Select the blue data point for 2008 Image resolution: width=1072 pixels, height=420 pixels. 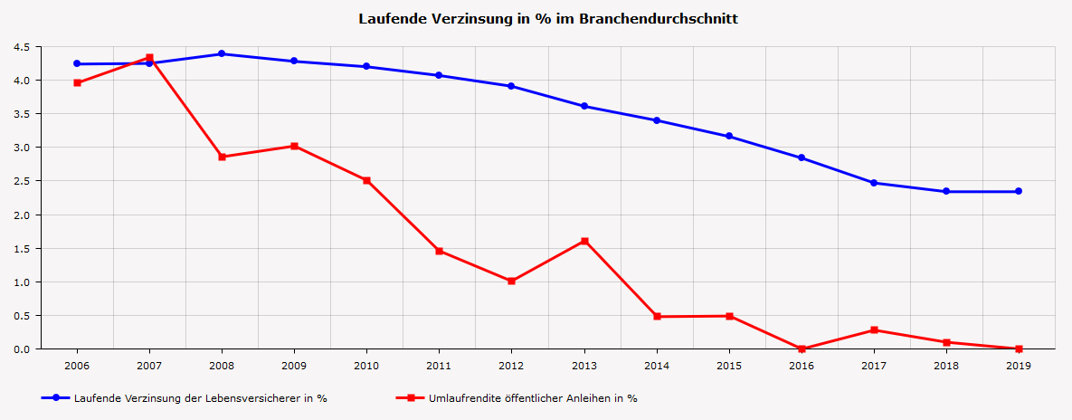pos(222,53)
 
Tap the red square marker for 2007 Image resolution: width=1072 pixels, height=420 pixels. pos(149,58)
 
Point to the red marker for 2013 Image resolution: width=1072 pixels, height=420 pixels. pos(584,241)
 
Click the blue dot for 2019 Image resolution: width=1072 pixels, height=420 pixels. pos(1019,191)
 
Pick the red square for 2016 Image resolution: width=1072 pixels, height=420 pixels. pos(802,348)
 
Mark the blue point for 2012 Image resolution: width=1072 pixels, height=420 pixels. pos(511,86)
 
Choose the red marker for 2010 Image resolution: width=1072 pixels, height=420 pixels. pos(366,180)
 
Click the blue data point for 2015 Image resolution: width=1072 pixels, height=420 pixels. pos(729,137)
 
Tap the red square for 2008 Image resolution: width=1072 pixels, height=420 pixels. pos(222,157)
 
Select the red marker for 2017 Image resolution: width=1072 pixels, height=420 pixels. pos(874,329)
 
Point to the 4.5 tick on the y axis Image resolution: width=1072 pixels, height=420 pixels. pos(23,46)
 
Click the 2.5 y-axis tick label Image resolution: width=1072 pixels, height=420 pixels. pos(23,181)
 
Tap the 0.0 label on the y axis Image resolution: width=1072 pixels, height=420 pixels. pos(23,349)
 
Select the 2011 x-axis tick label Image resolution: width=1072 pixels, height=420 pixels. pos(439,365)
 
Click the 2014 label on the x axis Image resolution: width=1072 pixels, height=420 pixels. pos(657,365)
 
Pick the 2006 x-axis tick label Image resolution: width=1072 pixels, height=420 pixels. pos(77,365)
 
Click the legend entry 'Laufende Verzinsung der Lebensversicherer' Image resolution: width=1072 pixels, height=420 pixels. pos(200,398)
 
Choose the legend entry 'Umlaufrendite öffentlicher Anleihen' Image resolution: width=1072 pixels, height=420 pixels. pos(532,398)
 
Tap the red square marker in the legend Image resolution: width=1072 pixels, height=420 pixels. pos(410,397)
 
